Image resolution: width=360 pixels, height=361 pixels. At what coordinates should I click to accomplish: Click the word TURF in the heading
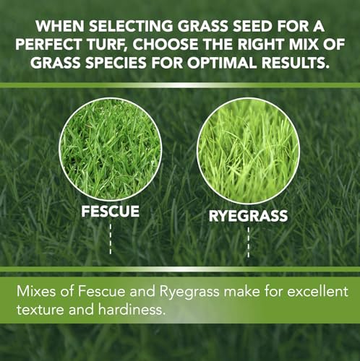tap(107, 45)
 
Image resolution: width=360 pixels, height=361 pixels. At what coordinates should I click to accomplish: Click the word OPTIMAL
tap(221, 63)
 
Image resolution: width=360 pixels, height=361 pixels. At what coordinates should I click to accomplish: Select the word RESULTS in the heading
tap(295, 63)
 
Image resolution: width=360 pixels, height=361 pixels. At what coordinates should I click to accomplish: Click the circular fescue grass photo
tap(110, 149)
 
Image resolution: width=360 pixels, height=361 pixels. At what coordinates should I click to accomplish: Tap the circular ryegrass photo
tap(248, 151)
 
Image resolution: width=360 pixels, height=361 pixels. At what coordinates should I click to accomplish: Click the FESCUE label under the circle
tap(110, 212)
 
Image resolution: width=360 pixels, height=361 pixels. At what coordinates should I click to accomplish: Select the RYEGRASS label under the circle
tap(248, 216)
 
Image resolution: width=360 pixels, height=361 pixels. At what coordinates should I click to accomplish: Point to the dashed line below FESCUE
tap(111, 239)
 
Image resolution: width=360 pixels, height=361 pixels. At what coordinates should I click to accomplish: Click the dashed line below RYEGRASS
tap(249, 243)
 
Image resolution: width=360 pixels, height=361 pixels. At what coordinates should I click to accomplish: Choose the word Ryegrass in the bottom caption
tap(189, 292)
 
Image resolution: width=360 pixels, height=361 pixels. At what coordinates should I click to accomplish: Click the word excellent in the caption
tap(318, 291)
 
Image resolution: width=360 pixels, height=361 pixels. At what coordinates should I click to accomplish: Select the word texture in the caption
tap(40, 310)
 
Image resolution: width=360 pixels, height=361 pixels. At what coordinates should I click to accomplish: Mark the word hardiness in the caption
tap(132, 309)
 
